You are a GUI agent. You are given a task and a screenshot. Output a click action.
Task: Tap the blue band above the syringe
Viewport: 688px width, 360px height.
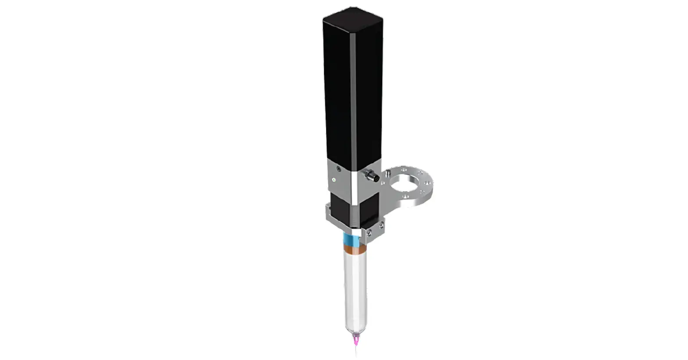(351, 240)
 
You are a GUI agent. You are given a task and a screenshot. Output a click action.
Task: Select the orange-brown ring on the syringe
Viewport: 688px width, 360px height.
(354, 250)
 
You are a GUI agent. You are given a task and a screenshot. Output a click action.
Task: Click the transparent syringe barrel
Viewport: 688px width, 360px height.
(355, 289)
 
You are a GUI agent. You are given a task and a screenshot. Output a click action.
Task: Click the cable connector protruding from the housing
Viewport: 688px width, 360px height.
(371, 176)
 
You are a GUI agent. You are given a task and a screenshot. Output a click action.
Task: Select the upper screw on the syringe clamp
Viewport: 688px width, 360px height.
(381, 225)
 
